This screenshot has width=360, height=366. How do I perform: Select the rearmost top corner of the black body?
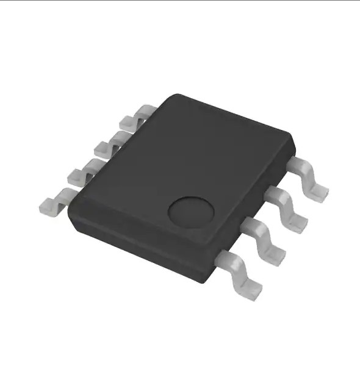point(177,96)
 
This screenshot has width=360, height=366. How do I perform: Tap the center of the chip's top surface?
point(183,168)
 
